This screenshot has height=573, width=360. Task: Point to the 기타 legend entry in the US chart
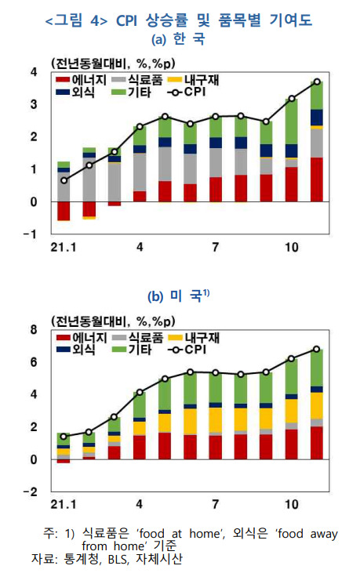click(133, 350)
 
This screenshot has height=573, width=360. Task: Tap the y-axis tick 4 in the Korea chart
click(33, 72)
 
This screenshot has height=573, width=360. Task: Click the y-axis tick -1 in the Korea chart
click(31, 234)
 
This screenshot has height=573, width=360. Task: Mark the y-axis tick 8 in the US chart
click(33, 330)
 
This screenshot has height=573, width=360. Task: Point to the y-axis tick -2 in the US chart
click(31, 491)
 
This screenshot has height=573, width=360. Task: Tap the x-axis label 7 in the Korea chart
click(215, 248)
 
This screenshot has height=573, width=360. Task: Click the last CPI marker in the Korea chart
click(317, 82)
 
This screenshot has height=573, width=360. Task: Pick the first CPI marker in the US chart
click(64, 437)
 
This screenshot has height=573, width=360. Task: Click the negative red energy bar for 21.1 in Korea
click(64, 211)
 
